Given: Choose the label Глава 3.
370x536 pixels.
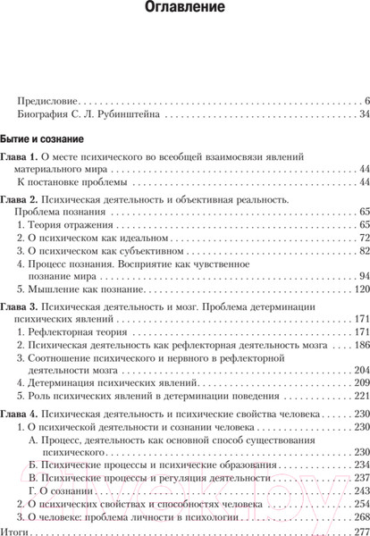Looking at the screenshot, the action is (x=21, y=306).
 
